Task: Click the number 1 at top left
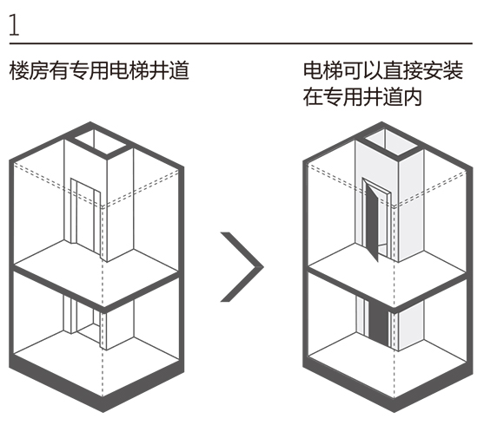(14, 25)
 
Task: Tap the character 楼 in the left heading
(19, 70)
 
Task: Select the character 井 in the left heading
(159, 70)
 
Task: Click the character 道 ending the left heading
(179, 70)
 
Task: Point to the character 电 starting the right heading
(313, 70)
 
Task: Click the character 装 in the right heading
(453, 70)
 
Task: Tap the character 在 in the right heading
(313, 97)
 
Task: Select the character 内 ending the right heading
(413, 97)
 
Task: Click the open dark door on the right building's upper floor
(372, 220)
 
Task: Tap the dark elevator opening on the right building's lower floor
(379, 322)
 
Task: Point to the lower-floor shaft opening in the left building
(85, 321)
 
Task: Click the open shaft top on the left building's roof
(100, 141)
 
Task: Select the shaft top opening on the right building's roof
(391, 141)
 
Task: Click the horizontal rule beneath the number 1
(241, 43)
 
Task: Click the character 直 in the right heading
(393, 70)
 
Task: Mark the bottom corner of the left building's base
(103, 412)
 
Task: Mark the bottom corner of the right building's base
(394, 412)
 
